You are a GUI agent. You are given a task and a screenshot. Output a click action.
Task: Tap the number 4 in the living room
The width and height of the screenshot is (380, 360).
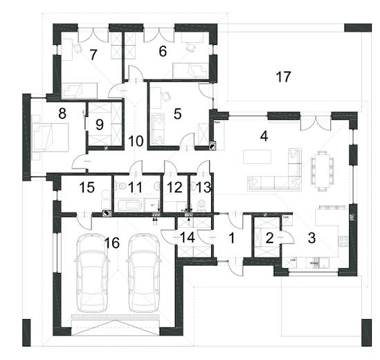pyautogui.click(x=264, y=135)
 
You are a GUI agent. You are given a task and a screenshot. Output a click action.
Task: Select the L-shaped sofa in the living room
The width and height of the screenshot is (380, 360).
pyautogui.click(x=278, y=176)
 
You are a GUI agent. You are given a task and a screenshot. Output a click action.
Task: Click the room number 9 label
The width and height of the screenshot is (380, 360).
pyautogui.click(x=100, y=125)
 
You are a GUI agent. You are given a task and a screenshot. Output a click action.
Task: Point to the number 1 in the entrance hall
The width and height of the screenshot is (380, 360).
pyautogui.click(x=233, y=237)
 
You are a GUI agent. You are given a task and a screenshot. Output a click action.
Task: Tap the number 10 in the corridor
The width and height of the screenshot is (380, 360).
pyautogui.click(x=136, y=141)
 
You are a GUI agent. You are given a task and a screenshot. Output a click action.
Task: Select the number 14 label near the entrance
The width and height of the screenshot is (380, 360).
pyautogui.click(x=187, y=237)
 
